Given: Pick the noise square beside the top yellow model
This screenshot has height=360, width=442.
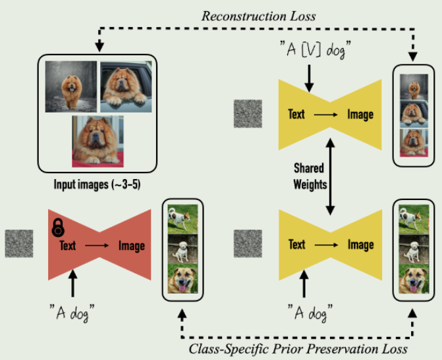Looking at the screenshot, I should (248, 113).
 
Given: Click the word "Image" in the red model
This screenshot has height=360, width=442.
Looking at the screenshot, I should (131, 245).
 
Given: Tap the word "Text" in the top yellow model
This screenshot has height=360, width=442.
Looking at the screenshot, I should (296, 114).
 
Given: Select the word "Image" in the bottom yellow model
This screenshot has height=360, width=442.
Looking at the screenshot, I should (360, 245).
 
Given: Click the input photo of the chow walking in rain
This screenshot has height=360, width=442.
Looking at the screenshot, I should (69, 86).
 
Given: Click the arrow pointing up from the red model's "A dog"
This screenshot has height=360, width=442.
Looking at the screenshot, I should (73, 285).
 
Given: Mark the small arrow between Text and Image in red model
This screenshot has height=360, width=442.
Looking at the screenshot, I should (97, 246).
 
